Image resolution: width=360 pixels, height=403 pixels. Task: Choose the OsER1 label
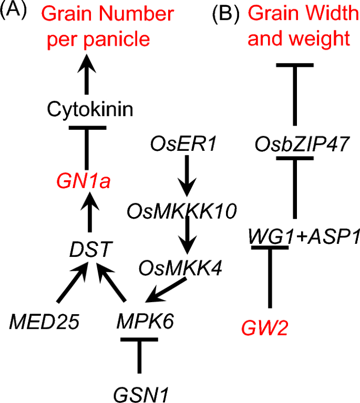click(183, 143)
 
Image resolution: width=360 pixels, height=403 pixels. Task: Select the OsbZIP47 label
click(295, 143)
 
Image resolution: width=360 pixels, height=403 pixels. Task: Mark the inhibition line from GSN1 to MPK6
click(139, 357)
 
